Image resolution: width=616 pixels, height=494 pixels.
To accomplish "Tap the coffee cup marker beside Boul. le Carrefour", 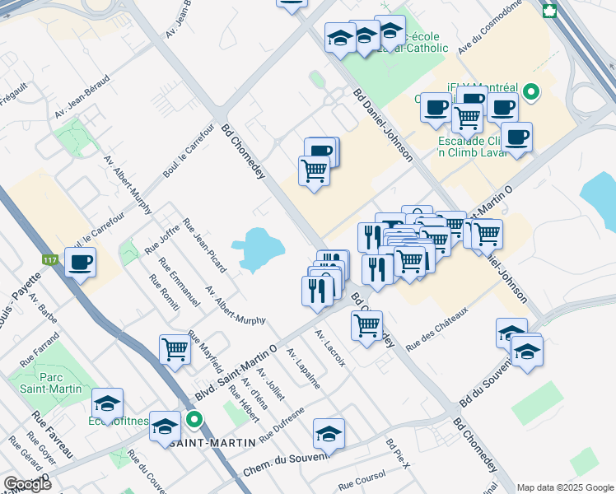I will (x=81, y=263).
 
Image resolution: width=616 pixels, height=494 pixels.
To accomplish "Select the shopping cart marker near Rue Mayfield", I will (x=175, y=349).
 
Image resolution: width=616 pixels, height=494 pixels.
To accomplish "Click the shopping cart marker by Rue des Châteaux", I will (x=366, y=324).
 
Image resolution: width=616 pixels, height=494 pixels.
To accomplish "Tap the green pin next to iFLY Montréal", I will (x=532, y=91).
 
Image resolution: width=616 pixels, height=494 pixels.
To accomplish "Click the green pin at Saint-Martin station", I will (x=194, y=420).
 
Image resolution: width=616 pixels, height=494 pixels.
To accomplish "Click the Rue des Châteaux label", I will (x=436, y=325).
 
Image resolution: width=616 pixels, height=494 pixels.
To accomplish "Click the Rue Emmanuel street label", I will (x=180, y=284).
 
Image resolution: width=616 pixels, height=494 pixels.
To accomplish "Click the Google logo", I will (x=27, y=484).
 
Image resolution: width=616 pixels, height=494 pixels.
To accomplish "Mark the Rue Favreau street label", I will (x=53, y=434).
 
